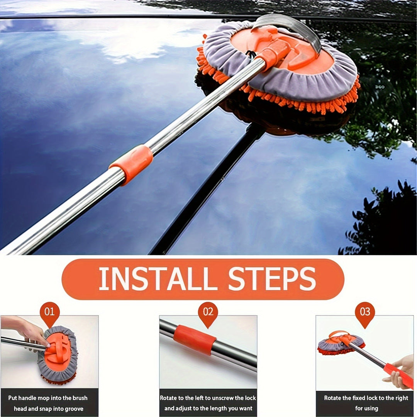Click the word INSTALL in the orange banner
(x=158, y=279)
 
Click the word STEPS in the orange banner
(x=272, y=279)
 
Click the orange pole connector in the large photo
(x=131, y=165)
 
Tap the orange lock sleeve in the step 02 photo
(x=195, y=340)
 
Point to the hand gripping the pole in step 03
(x=399, y=371)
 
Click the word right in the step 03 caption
(x=400, y=398)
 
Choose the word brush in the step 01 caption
(x=80, y=398)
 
